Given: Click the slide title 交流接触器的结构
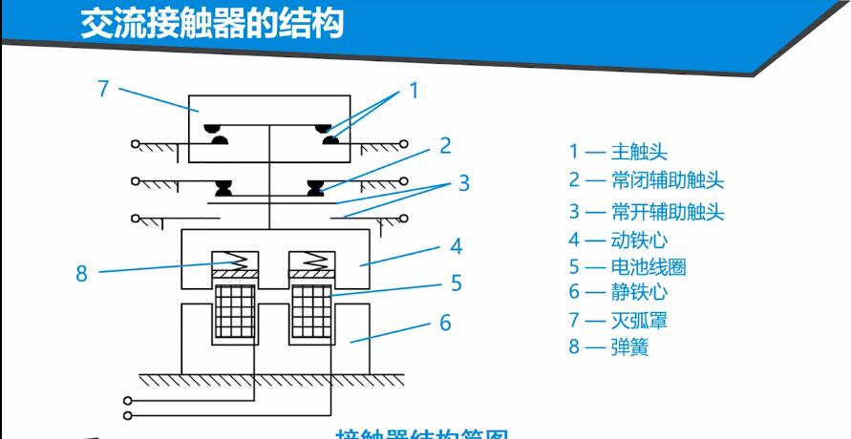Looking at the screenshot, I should [211, 22].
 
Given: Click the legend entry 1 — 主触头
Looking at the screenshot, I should [618, 151].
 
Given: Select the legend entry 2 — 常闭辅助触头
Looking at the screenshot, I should [646, 180].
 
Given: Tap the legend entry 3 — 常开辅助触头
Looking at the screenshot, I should [646, 211].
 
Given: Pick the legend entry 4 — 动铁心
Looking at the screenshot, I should [618, 240].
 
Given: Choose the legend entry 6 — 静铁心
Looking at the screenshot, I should [618, 292].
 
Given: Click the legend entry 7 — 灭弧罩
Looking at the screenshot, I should [618, 321].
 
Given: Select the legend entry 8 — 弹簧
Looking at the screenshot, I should [608, 347].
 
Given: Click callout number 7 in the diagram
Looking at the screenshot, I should [104, 89].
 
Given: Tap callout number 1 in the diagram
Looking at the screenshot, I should [414, 91].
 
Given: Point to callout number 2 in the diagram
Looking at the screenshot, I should [445, 145].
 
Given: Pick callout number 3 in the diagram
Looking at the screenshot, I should [463, 182].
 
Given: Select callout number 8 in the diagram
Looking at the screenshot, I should [82, 273].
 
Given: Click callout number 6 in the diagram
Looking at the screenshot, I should [445, 323].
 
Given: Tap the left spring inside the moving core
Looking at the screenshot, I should [233, 258].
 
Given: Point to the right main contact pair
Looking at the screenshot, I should [330, 135].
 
